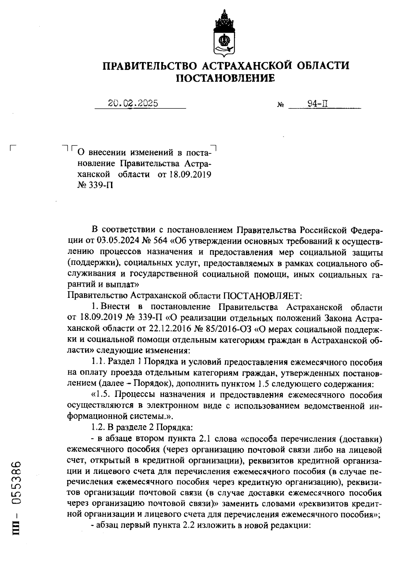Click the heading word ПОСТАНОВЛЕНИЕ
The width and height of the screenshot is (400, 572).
point(225,78)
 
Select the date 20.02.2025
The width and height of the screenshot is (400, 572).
point(133,104)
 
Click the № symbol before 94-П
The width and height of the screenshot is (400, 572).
point(280,105)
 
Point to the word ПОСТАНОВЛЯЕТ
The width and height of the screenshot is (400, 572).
point(262,296)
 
